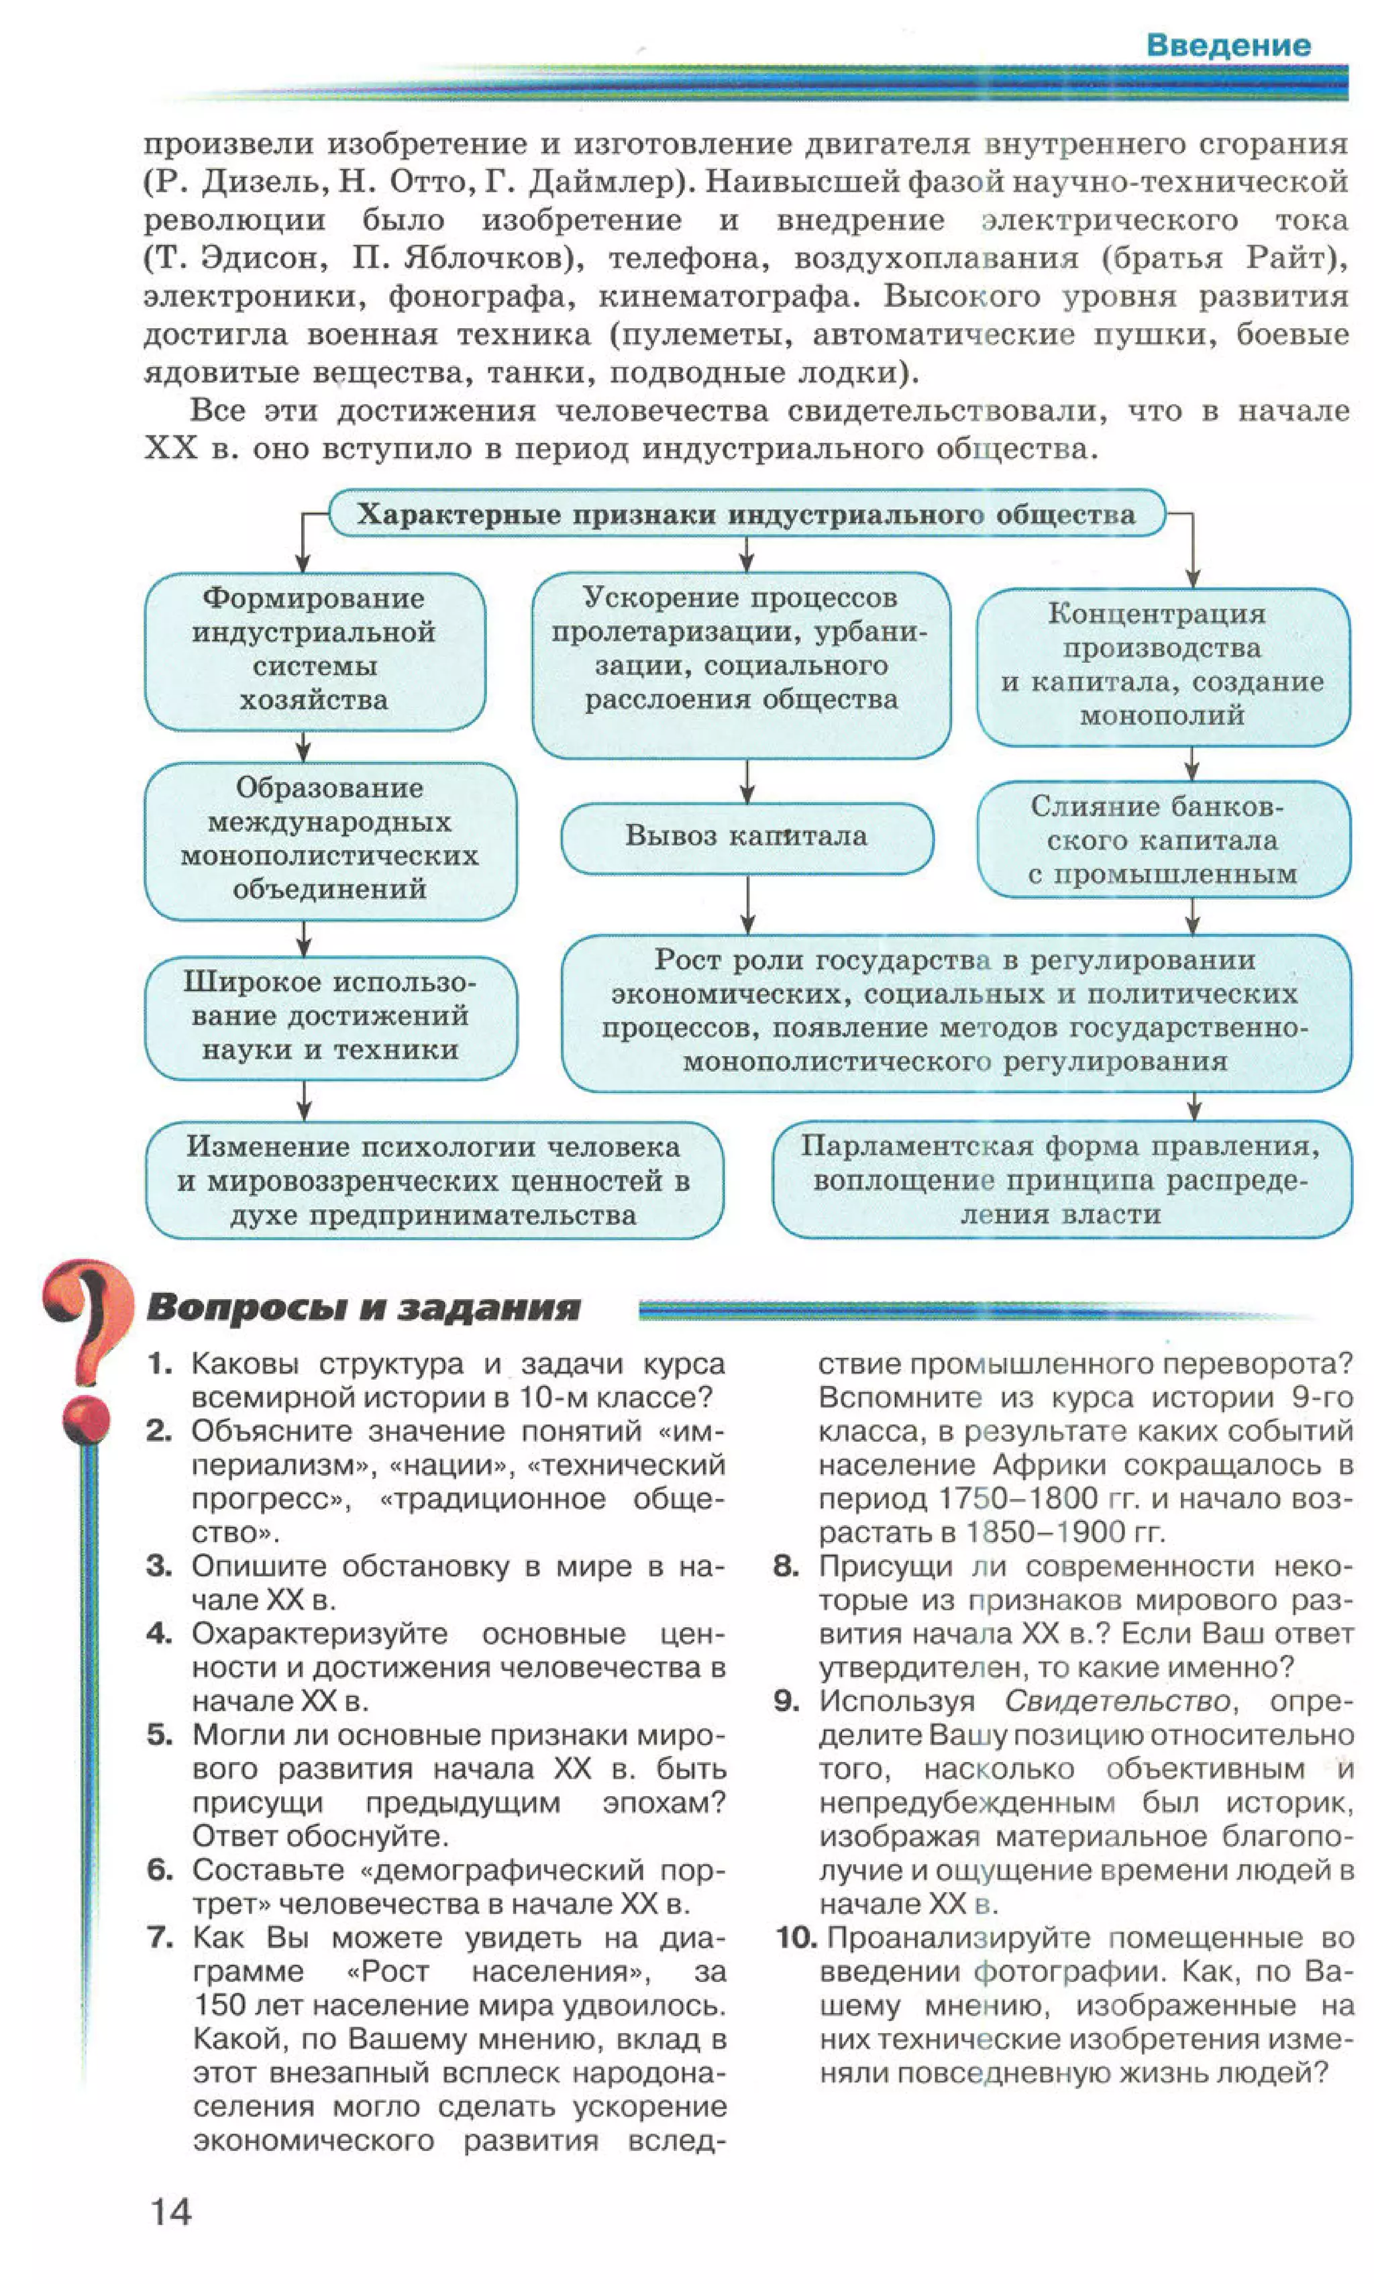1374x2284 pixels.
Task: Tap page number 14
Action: coord(171,2211)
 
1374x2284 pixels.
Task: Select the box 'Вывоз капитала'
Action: coord(746,836)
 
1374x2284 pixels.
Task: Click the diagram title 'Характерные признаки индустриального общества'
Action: coord(746,514)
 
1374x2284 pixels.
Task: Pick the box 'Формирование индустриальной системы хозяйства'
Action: coord(314,650)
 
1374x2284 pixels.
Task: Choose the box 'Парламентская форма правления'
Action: coord(1061,1180)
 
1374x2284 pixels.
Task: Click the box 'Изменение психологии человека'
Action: coord(433,1180)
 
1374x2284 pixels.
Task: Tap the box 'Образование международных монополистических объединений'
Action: coord(329,839)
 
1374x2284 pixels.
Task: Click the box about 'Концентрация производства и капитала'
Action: coord(1163,665)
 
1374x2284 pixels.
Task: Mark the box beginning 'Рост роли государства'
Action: coord(955,1011)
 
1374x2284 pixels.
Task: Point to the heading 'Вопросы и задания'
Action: coord(363,1307)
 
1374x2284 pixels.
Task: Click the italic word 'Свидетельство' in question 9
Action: coord(1116,1701)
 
